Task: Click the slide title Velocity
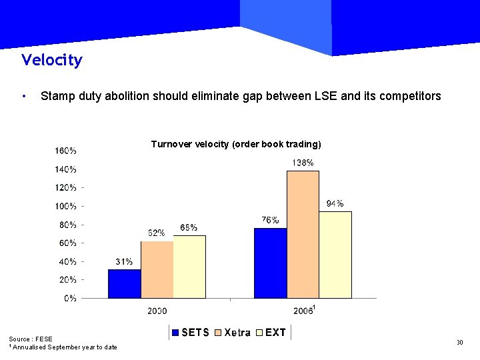[51, 60]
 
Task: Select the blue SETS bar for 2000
[125, 283]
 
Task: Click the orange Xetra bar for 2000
[157, 269]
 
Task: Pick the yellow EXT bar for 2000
[189, 267]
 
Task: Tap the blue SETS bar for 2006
[270, 263]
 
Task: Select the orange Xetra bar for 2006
[303, 234]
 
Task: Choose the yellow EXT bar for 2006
[335, 255]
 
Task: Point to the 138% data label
[303, 163]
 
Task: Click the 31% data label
[124, 261]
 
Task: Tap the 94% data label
[335, 203]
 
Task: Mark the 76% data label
[270, 220]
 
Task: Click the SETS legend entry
[191, 332]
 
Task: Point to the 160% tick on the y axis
[65, 151]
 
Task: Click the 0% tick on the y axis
[70, 298]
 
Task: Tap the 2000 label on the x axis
[157, 311]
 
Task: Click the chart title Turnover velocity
[236, 144]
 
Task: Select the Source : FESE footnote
[31, 339]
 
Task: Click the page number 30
[459, 342]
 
